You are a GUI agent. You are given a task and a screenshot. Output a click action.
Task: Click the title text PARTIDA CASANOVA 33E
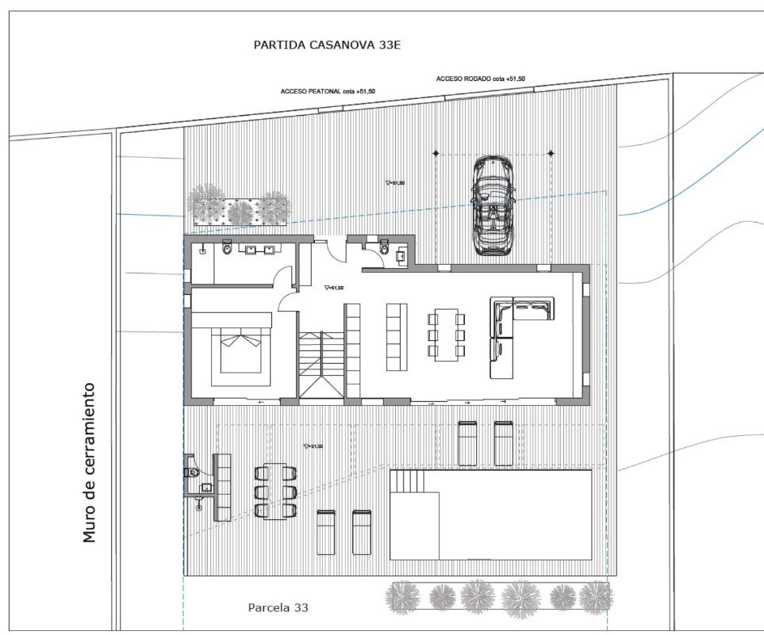point(327,45)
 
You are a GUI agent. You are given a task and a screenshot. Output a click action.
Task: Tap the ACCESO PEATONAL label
point(328,91)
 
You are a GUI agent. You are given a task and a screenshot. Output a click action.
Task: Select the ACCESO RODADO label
point(480,78)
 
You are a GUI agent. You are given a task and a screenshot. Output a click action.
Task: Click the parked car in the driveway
point(492,205)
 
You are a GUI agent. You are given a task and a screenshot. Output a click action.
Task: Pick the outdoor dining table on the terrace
point(275,491)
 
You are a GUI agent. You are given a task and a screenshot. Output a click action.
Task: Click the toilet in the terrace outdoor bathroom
point(193,472)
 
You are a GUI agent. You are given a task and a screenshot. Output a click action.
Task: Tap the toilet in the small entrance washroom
point(385,249)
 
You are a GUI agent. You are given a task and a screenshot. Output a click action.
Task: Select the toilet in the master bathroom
point(228,249)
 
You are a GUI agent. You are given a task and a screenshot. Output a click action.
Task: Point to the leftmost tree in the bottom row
point(405,597)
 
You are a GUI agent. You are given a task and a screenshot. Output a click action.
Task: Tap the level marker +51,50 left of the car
point(394,183)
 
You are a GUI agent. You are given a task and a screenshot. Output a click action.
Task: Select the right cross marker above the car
point(551,153)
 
